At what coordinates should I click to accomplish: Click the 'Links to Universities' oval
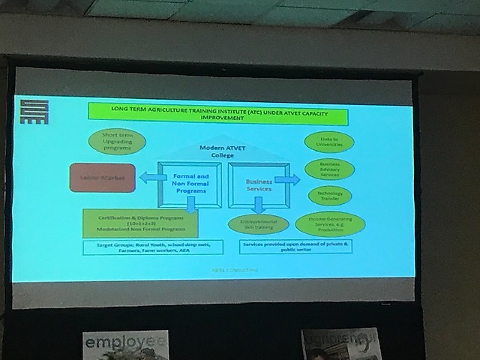tap(329, 142)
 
